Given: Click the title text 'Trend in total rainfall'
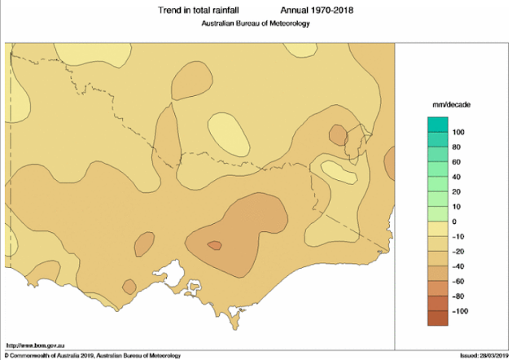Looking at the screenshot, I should (x=195, y=11).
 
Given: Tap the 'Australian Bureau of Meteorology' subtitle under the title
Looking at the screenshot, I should (x=256, y=24).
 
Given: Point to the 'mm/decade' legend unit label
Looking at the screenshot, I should (x=451, y=106).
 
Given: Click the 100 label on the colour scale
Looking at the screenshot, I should (x=458, y=132).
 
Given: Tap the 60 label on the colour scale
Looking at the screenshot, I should (x=457, y=162).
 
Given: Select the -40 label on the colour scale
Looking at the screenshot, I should (x=458, y=266).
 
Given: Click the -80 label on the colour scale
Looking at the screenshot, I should (x=458, y=296).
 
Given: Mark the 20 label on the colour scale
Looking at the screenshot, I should (x=457, y=191).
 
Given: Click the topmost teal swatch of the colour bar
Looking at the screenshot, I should (x=438, y=124).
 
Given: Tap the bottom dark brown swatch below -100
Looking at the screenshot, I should (x=438, y=319).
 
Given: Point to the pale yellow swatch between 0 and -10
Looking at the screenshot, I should (x=438, y=229).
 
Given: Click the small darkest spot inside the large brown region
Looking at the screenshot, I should (x=215, y=244).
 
